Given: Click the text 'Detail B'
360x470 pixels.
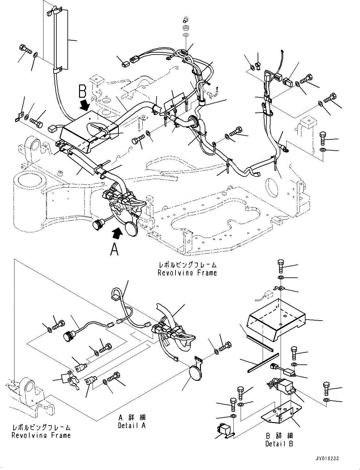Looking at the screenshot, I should pyautogui.click(x=279, y=444).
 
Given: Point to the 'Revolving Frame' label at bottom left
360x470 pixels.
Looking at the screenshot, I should pyautogui.click(x=41, y=435).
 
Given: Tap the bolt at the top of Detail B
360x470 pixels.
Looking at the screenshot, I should pyautogui.click(x=281, y=266).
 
